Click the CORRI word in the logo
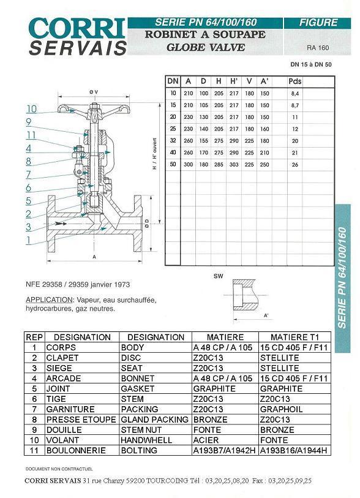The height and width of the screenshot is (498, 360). tap(77, 29)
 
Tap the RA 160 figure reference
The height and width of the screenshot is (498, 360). tap(318, 48)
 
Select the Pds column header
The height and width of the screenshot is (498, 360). tap(295, 81)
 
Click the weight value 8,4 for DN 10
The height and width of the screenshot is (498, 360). tap(295, 94)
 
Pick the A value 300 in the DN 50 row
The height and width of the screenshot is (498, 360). tap(188, 165)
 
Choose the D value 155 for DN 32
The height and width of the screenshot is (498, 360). tap(203, 141)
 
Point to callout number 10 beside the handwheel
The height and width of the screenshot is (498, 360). tap(31, 109)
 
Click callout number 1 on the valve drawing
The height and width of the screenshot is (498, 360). tap(29, 240)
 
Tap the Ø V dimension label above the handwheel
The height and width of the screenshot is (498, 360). tap(94, 92)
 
